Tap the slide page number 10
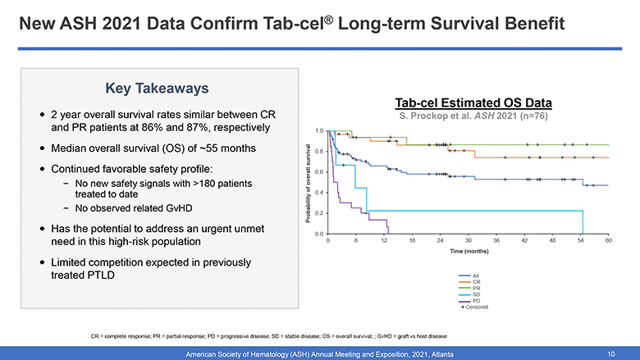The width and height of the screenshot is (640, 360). [610, 353]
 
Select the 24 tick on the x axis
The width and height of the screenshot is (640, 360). [440, 240]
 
